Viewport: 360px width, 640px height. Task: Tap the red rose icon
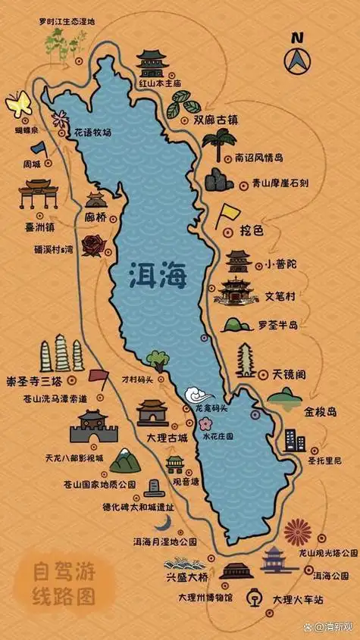[x=94, y=245]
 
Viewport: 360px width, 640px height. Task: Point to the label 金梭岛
[x=320, y=414]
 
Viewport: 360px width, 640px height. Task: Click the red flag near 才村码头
[x=98, y=376]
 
